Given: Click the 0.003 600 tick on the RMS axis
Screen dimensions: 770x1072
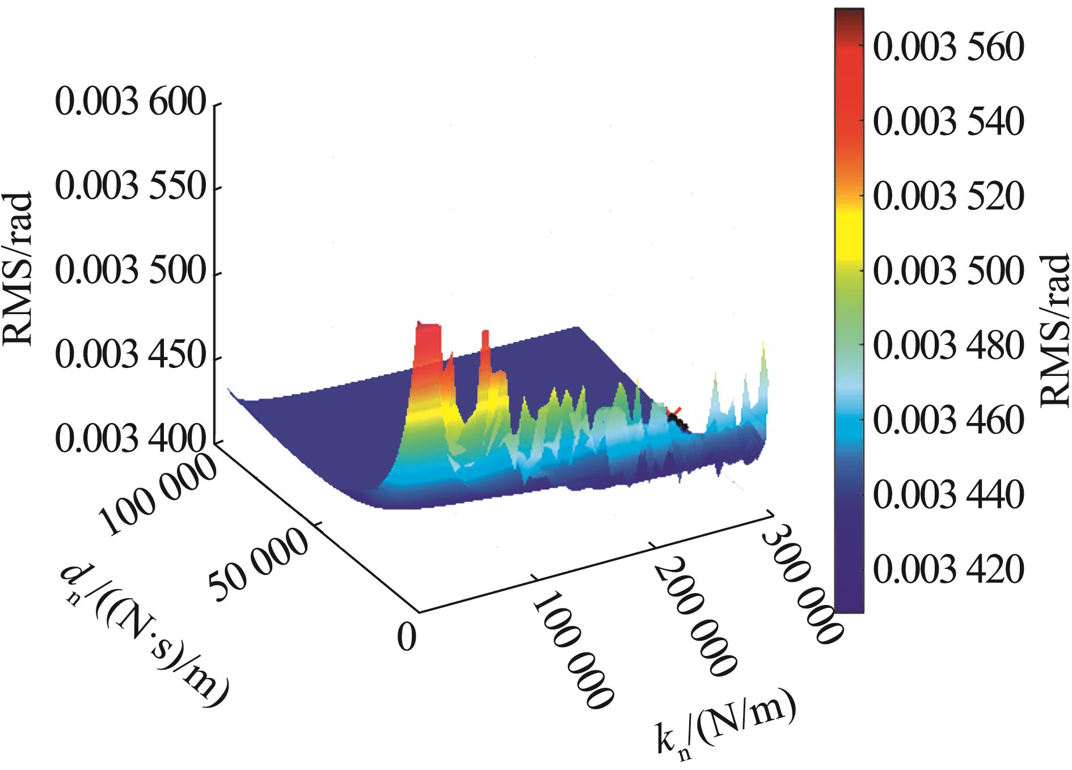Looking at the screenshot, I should [x=130, y=105].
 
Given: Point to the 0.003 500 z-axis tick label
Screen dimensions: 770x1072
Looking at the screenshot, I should [x=130, y=273].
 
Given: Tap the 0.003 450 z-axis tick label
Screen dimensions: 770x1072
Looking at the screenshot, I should [x=130, y=357].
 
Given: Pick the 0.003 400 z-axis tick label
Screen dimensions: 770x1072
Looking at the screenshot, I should [x=130, y=441].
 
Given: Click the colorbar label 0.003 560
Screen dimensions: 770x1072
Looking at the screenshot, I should [x=948, y=48].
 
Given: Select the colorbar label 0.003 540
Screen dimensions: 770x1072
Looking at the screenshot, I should [x=948, y=122].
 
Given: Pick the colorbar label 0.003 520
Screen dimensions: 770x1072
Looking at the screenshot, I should [x=948, y=197].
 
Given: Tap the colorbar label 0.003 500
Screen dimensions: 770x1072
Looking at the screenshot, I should [x=948, y=271].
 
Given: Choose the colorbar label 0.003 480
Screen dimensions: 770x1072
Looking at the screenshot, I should [x=948, y=345].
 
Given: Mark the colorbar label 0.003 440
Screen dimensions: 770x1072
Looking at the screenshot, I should [x=948, y=494].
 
